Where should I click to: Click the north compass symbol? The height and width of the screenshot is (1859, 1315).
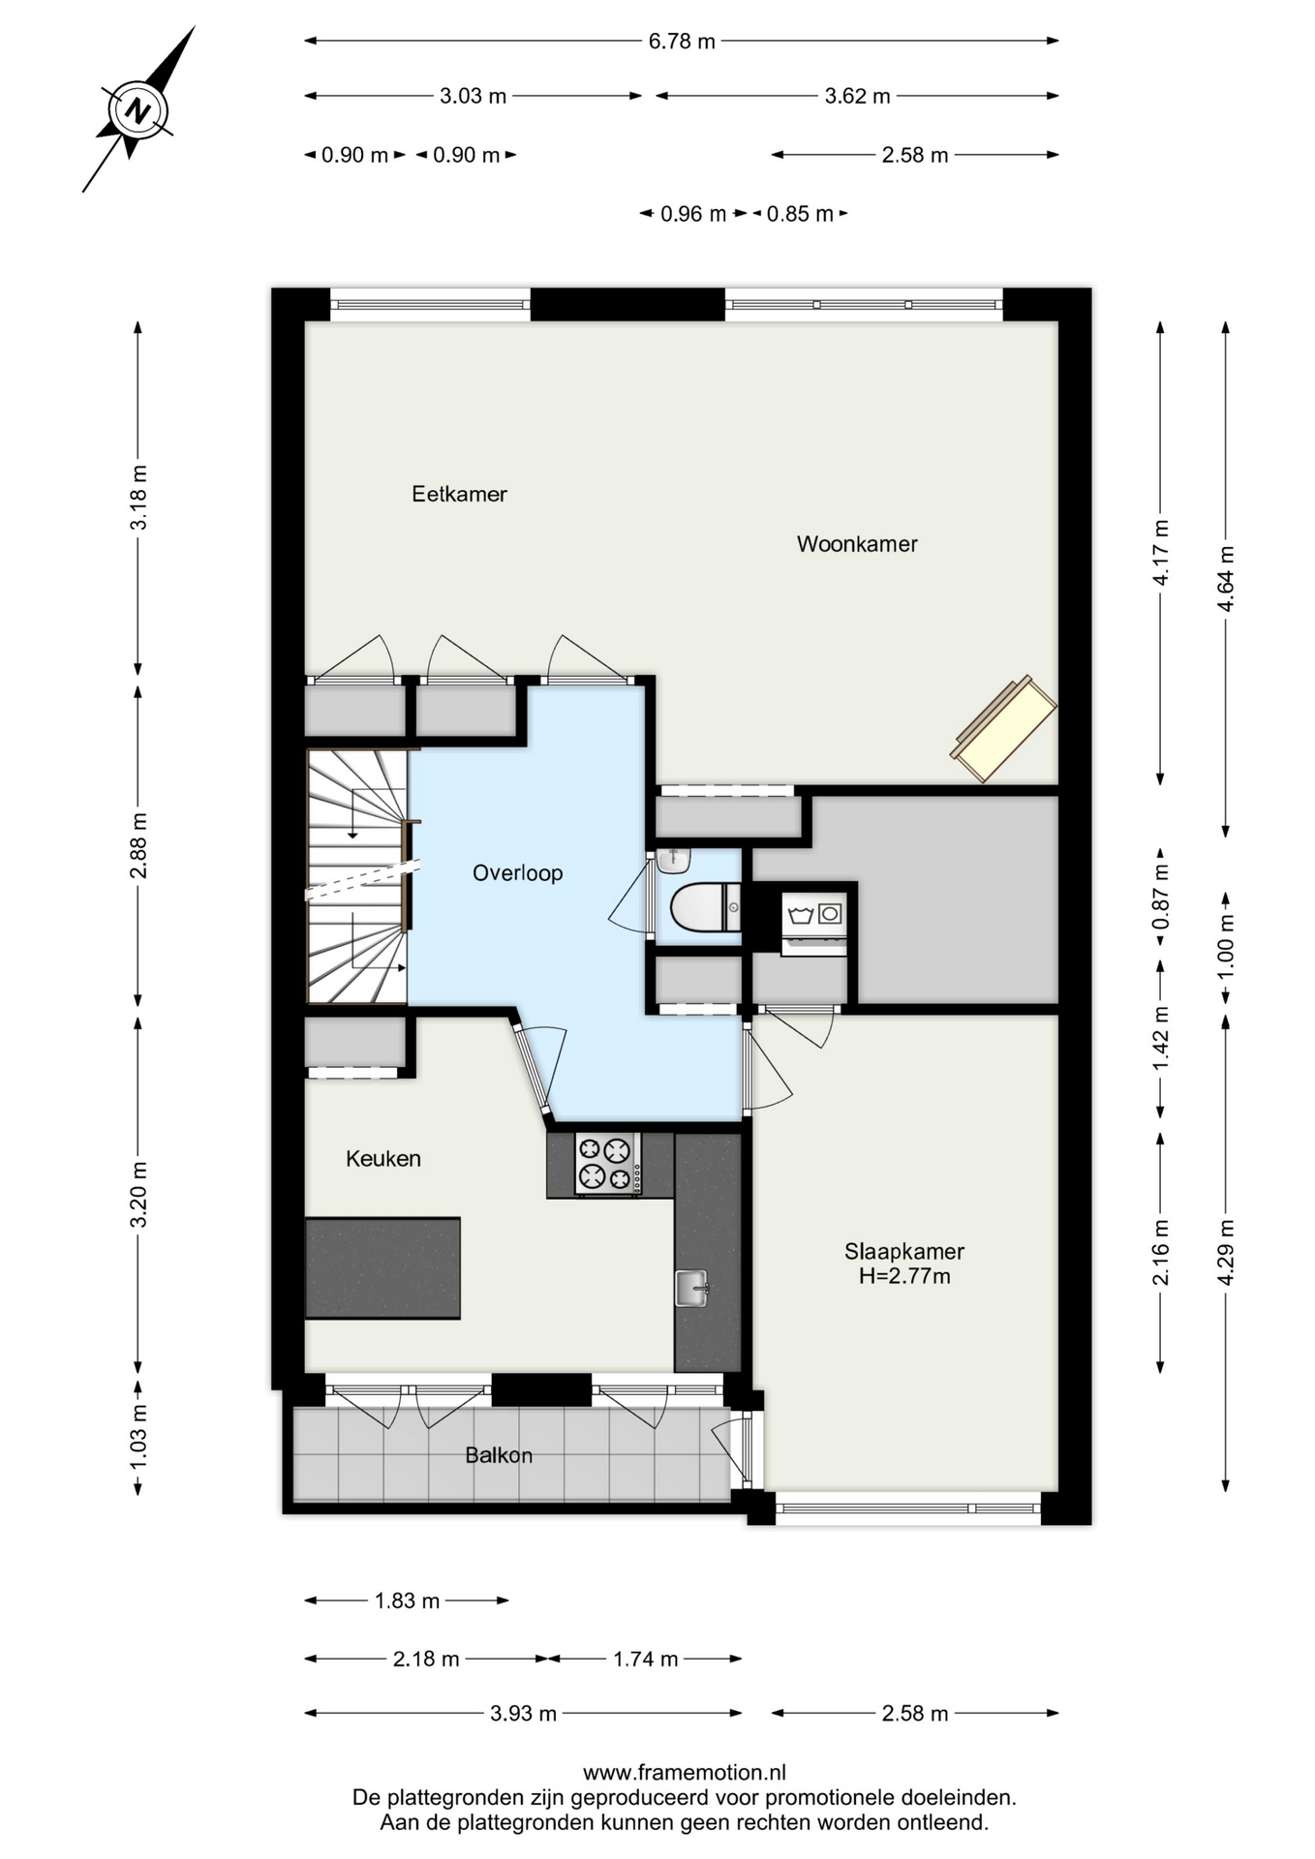pyautogui.click(x=139, y=109)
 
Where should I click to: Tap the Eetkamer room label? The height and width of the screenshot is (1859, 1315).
pyautogui.click(x=459, y=494)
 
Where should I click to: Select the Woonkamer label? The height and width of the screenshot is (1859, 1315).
pyautogui.click(x=857, y=544)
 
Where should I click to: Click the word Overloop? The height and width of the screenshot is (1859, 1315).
pyautogui.click(x=517, y=873)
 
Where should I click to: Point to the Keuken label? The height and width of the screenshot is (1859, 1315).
pyautogui.click(x=383, y=1159)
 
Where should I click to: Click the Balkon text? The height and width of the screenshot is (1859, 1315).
pyautogui.click(x=499, y=1455)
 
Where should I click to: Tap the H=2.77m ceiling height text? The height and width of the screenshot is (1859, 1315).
pyautogui.click(x=904, y=1276)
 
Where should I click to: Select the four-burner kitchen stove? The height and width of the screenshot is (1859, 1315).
pyautogui.click(x=608, y=1163)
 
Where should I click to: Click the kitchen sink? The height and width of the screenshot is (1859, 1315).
pyautogui.click(x=691, y=1289)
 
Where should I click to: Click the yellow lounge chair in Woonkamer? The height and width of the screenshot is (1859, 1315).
pyautogui.click(x=1003, y=729)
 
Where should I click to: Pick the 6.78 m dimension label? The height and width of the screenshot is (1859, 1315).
pyautogui.click(x=682, y=42)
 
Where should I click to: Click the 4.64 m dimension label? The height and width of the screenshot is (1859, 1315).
pyautogui.click(x=1226, y=578)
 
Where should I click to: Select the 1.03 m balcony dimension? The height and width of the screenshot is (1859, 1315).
pyautogui.click(x=138, y=1436)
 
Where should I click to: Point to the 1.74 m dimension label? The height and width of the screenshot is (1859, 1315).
pyautogui.click(x=646, y=1660)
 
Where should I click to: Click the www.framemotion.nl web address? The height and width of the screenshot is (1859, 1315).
pyautogui.click(x=685, y=1773)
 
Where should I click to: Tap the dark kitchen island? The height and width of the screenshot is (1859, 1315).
pyautogui.click(x=382, y=1267)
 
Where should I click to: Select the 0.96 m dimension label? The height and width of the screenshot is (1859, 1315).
pyautogui.click(x=693, y=214)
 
